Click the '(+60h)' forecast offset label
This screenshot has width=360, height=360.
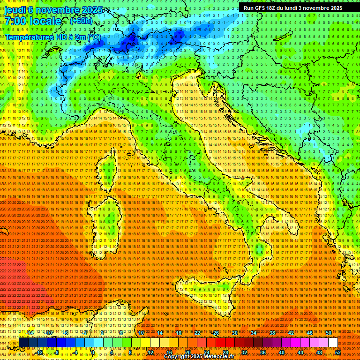(81, 21)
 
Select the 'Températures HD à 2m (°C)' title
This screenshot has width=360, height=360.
(52, 37)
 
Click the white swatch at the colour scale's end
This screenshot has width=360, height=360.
(333, 343)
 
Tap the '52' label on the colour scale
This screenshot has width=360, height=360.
(338, 352)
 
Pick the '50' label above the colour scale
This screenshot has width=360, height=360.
(329, 333)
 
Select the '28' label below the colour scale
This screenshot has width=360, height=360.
(225, 352)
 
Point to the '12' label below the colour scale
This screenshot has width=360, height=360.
(150, 352)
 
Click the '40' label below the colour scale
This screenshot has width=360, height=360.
(282, 352)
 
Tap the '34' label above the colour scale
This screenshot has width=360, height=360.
(254, 333)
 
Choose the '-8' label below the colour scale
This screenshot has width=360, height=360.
(56, 352)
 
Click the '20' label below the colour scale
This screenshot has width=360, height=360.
(187, 352)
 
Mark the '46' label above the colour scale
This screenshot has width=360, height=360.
(310, 333)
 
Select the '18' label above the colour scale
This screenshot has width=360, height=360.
(178, 333)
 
